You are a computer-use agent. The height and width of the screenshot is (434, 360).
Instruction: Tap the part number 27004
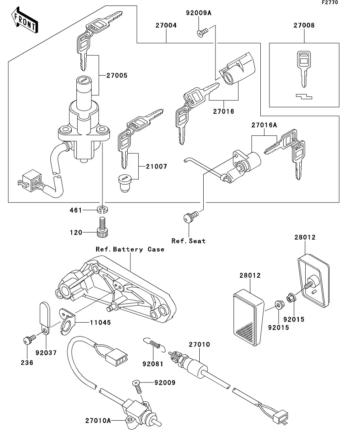coord(166,25)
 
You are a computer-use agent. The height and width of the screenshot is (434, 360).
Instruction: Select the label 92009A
coord(199,13)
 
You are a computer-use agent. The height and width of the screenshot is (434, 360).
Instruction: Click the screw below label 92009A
coord(202,33)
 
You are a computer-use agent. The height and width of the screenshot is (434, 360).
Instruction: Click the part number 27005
coord(117,75)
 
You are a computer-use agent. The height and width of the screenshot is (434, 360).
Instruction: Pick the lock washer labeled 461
coord(103,210)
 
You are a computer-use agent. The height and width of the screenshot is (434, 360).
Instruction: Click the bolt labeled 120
coord(102,227)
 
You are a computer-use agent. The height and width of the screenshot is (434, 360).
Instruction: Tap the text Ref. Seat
coord(188,241)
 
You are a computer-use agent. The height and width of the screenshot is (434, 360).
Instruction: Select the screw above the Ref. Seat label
coord(191,216)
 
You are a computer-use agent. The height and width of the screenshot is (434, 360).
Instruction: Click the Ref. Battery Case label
coord(130,249)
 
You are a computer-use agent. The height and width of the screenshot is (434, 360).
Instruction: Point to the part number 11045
coord(100,322)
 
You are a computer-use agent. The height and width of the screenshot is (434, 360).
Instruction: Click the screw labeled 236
coord(29,339)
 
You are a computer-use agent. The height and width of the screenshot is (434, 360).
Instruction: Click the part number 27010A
coord(98,421)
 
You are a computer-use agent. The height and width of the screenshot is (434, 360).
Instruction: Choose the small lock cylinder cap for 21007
coord(124,182)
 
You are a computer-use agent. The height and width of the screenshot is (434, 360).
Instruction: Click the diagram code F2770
coord(330,2)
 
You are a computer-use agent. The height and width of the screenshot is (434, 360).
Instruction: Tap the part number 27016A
coord(264,125)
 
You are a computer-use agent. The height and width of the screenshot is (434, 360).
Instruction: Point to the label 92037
coord(46,353)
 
